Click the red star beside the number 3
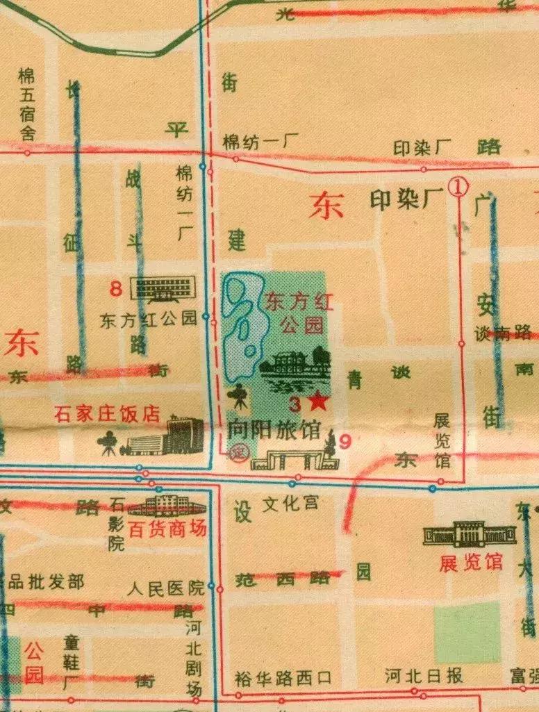318,401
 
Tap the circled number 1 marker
459,186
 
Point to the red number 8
117,286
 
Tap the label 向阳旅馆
274,431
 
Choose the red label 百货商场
168,529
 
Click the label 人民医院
166,589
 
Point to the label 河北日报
424,675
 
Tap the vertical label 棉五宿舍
27,104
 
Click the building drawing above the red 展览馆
470,533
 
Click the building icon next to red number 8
163,288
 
